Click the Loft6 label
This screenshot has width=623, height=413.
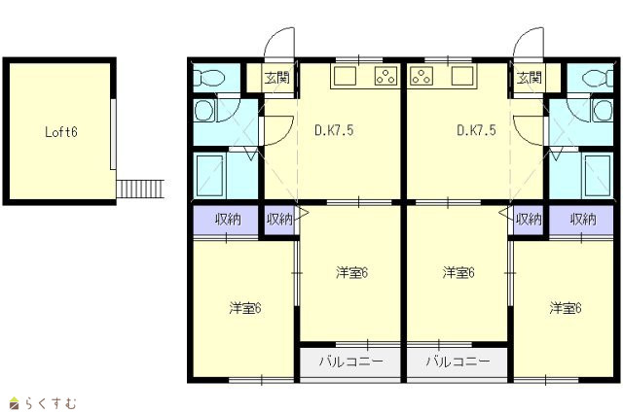click(x=60, y=132)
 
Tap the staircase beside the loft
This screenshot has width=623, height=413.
click(x=140, y=189)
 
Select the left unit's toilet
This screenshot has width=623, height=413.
click(x=209, y=78)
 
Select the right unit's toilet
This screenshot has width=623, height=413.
click(x=598, y=78)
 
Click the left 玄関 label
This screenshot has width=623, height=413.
click(x=277, y=78)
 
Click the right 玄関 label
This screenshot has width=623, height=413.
click(x=530, y=78)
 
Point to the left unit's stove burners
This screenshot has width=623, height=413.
click(x=385, y=76)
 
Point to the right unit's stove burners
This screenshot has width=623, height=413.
click(x=421, y=76)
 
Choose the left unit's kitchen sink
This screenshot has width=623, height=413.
click(x=345, y=76)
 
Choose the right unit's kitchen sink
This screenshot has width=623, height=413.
click(x=462, y=76)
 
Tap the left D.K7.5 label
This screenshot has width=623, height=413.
click(x=334, y=130)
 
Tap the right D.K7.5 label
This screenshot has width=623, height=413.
click(x=476, y=130)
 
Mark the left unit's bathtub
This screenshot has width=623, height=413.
click(x=210, y=176)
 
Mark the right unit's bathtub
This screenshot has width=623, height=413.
click(x=597, y=176)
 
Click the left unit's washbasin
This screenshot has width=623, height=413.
click(x=204, y=110)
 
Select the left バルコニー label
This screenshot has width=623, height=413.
click(x=350, y=361)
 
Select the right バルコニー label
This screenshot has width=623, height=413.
click(x=458, y=361)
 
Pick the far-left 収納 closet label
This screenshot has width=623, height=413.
click(x=228, y=220)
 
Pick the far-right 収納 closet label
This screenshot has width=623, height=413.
click(x=583, y=220)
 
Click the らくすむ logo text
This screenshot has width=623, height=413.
click(x=51, y=404)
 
